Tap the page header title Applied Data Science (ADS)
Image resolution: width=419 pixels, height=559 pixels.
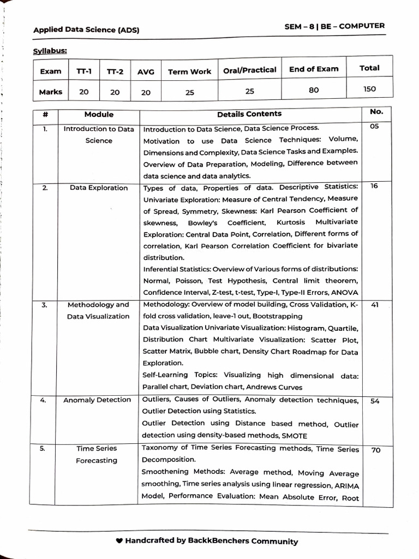[86, 30]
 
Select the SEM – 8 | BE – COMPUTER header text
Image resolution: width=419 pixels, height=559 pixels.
[334, 26]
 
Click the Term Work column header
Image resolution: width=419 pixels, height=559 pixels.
[189, 72]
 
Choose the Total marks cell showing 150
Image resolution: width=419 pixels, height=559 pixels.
[369, 89]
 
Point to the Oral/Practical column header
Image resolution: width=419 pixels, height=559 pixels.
[250, 70]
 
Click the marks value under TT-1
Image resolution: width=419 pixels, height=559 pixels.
[83, 92]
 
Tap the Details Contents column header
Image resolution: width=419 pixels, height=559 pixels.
[249, 114]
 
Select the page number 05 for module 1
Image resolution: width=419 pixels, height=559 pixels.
[374, 127]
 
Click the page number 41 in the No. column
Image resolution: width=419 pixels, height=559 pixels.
[374, 305]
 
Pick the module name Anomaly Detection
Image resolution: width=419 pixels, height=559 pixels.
[97, 400]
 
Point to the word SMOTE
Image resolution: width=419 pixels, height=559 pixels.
[294, 436]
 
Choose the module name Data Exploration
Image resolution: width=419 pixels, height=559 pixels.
[99, 188]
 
